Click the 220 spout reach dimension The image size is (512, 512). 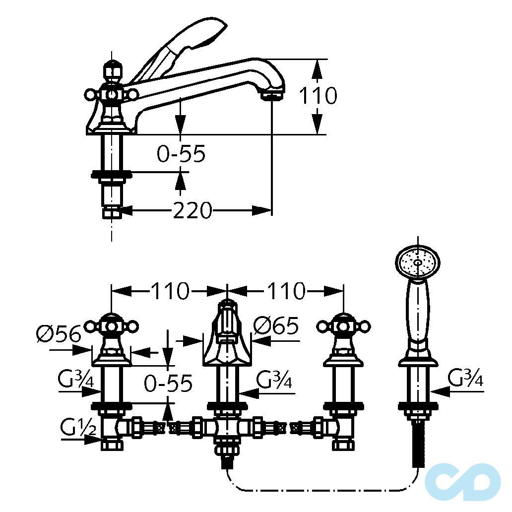pos(192,210)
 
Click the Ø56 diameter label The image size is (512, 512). pos(59,334)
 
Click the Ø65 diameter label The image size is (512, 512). pos(276,326)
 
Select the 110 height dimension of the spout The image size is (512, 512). pos(318,95)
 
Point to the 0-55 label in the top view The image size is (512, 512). pos(181,153)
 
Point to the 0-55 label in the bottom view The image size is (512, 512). pos(168,383)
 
